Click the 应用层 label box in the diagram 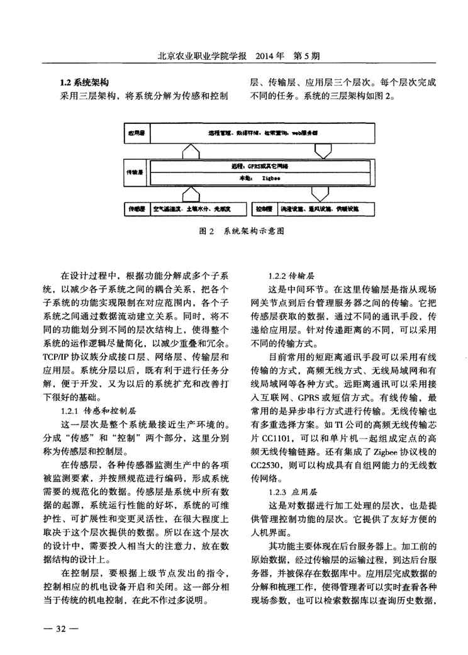click(137, 133)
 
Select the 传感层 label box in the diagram click(137, 207)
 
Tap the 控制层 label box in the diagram click(265, 207)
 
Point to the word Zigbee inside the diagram click(271, 178)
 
